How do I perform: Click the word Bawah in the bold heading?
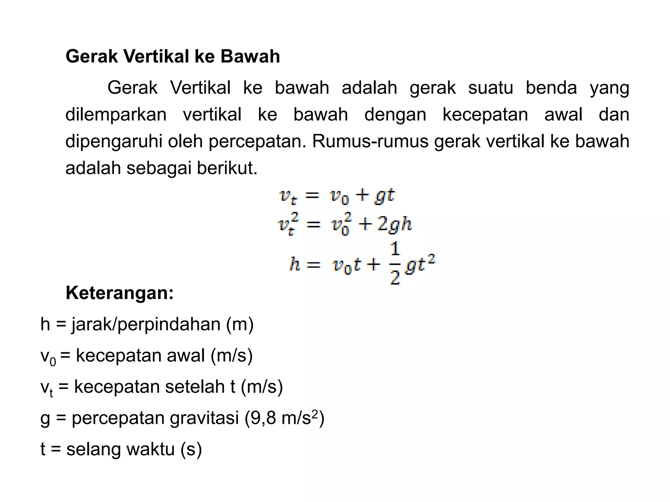(x=250, y=56)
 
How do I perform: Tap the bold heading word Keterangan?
(x=119, y=293)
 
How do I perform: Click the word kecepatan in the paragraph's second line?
(x=485, y=115)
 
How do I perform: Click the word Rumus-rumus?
(x=370, y=142)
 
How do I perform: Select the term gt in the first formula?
(x=385, y=196)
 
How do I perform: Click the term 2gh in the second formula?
(x=395, y=225)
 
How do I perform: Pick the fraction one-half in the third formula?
(x=395, y=263)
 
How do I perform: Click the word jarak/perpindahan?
(x=146, y=324)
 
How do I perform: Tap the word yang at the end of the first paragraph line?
(x=609, y=88)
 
